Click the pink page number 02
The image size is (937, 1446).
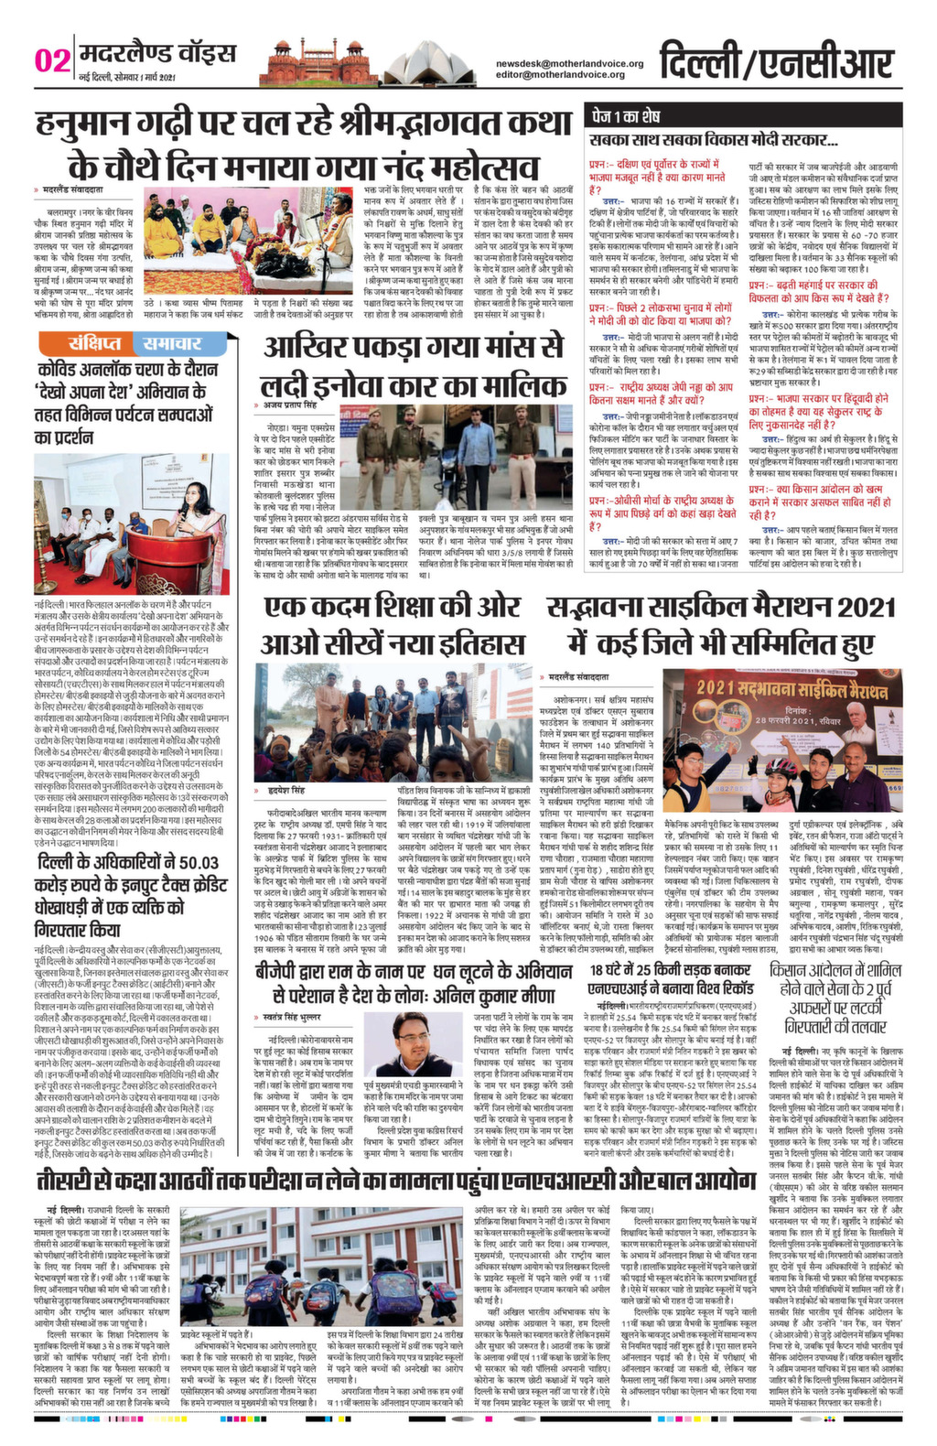point(52,61)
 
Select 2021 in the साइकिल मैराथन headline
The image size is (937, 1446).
point(845,607)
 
